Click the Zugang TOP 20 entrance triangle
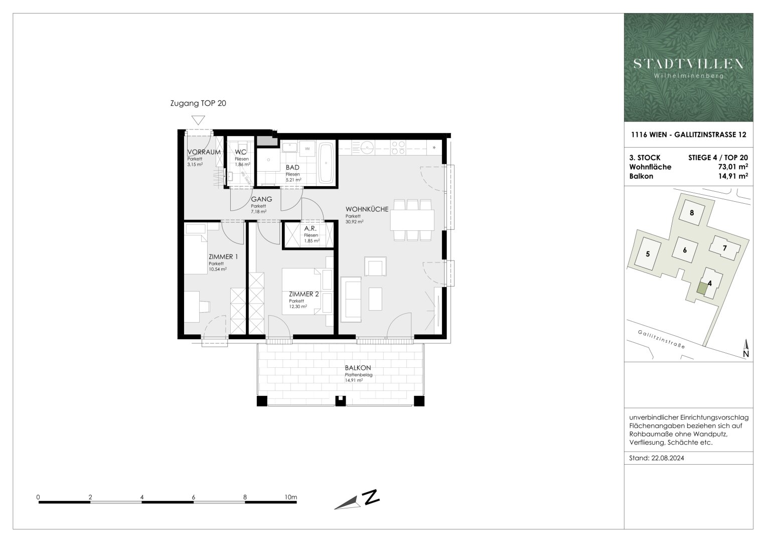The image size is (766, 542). click(x=199, y=120)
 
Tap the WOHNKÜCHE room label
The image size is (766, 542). click(x=366, y=209)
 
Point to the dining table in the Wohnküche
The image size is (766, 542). click(x=412, y=219)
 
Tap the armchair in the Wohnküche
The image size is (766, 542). click(x=376, y=266)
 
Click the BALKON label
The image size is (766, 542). click(x=354, y=368)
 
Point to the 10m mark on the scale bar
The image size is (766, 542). click(x=290, y=497)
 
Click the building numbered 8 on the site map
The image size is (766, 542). click(x=692, y=213)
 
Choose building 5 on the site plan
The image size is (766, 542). click(x=648, y=254)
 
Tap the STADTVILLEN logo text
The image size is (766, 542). click(x=688, y=64)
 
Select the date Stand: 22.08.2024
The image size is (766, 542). click(x=657, y=458)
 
